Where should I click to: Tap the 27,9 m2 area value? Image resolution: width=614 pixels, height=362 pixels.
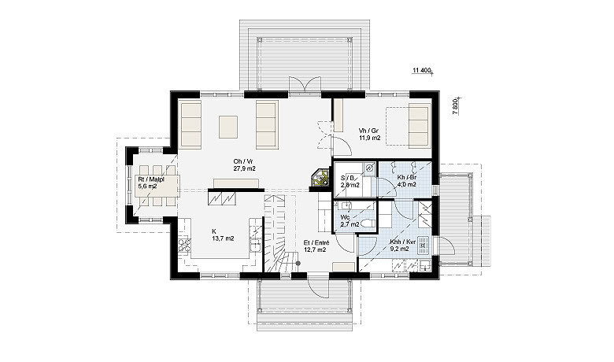click(x=244, y=168)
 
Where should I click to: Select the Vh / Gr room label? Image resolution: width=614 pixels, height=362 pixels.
click(x=368, y=131)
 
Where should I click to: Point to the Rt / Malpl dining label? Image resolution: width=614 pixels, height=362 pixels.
click(x=151, y=179)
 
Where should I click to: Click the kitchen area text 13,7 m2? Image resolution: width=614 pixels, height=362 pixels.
click(x=223, y=238)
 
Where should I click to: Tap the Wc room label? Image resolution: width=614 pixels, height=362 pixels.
click(x=345, y=217)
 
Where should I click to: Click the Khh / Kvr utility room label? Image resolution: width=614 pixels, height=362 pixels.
click(x=400, y=242)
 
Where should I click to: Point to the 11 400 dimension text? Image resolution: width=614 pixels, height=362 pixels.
click(x=421, y=71)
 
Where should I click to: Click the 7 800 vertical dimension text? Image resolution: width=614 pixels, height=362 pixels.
click(x=455, y=106)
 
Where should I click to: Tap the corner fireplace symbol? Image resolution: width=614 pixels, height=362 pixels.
click(x=320, y=179)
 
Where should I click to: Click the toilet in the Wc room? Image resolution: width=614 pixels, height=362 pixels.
click(x=367, y=223)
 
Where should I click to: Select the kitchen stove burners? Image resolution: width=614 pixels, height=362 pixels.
click(x=184, y=246)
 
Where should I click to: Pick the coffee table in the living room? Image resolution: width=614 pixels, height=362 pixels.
click(x=228, y=127)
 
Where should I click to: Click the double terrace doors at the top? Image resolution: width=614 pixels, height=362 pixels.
click(x=305, y=86)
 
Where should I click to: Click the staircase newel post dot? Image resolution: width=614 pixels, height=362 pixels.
click(x=298, y=264)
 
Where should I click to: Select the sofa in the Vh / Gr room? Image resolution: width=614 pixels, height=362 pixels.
click(x=420, y=125)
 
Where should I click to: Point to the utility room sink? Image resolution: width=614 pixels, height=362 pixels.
click(x=424, y=245)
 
